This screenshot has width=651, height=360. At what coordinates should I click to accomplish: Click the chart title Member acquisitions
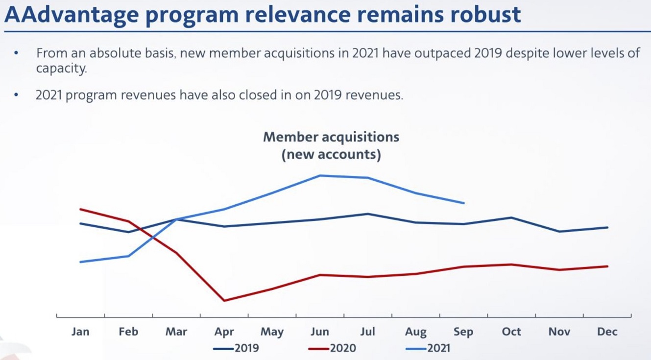click(331, 137)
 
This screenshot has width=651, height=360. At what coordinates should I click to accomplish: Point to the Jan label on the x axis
click(80, 332)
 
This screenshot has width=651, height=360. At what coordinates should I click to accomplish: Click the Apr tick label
click(224, 332)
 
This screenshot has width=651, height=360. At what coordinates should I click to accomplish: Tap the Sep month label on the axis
click(463, 332)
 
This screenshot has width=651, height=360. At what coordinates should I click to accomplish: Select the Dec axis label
click(607, 332)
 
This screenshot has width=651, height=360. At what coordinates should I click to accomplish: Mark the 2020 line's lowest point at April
click(224, 300)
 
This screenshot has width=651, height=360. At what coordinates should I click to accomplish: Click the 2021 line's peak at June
click(320, 175)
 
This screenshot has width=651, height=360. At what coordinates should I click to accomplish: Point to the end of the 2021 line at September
click(463, 203)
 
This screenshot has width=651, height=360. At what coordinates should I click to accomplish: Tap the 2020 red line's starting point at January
click(80, 209)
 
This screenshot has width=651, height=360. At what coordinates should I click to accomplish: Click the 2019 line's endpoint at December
click(607, 227)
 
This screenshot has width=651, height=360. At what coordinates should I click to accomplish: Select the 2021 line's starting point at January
click(80, 262)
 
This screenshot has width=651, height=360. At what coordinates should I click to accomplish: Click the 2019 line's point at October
click(511, 217)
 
